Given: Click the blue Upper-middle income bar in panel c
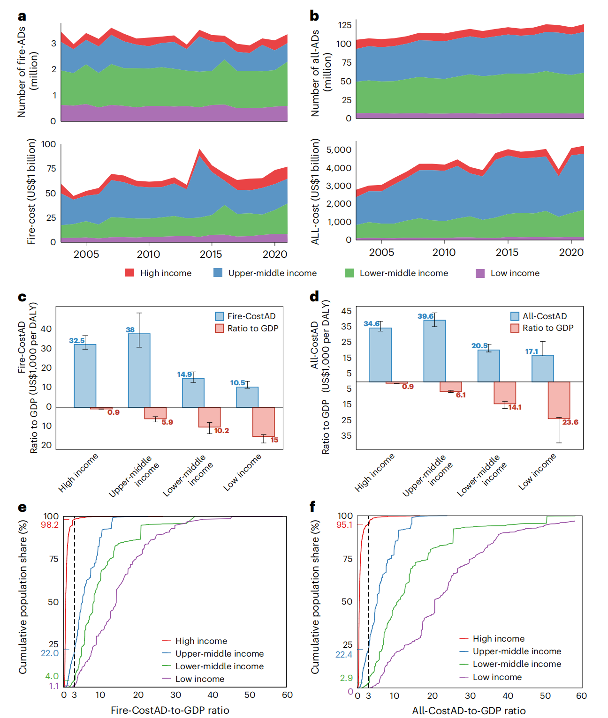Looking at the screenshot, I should click(x=139, y=370).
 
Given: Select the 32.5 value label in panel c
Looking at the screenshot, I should click(x=77, y=341).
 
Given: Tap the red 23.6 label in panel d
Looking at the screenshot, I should click(x=570, y=422).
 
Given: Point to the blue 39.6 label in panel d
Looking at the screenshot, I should click(x=426, y=316).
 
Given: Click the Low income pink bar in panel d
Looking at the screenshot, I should click(x=559, y=400).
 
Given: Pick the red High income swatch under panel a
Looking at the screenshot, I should click(x=130, y=273).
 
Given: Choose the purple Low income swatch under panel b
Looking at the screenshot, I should click(x=480, y=273).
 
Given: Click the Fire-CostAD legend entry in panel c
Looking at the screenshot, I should click(x=251, y=316).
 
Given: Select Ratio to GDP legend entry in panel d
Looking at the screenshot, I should click(x=547, y=328).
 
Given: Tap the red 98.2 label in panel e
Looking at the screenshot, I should click(x=50, y=525).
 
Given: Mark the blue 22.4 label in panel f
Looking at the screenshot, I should click(x=344, y=655).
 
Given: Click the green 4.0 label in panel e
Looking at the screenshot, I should click(x=52, y=676).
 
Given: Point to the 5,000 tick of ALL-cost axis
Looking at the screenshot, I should click(x=339, y=150).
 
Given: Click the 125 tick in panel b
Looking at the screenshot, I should click(x=345, y=25).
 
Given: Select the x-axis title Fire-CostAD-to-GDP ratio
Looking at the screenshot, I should click(x=170, y=711).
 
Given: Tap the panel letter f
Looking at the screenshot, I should click(x=312, y=507).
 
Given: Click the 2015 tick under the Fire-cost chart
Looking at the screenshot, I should click(x=211, y=254).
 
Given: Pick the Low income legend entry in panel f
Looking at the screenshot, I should click(x=497, y=677).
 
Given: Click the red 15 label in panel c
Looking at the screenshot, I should click(x=274, y=440).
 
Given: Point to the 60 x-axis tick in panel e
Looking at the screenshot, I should click(x=287, y=695).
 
